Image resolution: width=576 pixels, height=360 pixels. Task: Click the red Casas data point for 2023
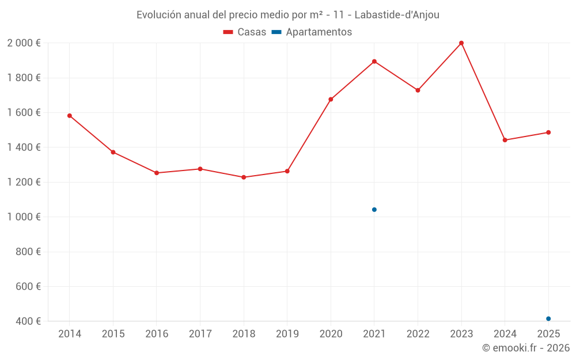[x=461, y=43]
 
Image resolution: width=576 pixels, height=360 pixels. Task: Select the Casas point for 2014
[x=70, y=116]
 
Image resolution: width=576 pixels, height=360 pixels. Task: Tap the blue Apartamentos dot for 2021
[x=374, y=210]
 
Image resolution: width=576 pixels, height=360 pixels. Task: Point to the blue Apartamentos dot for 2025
[x=548, y=319]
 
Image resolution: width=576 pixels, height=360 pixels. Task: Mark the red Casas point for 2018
[x=244, y=177]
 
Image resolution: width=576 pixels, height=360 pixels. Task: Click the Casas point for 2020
[x=331, y=100]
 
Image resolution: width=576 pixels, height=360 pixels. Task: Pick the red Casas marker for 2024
[x=505, y=140]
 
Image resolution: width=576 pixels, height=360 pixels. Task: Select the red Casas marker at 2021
[x=374, y=62]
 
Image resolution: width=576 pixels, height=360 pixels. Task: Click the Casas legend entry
[x=245, y=32]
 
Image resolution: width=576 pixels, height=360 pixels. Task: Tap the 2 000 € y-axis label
[x=24, y=43]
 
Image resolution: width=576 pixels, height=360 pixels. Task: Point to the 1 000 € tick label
[x=24, y=217]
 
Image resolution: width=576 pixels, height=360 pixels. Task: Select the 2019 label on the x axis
[x=287, y=334]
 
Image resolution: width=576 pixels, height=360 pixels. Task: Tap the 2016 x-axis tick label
[x=157, y=334]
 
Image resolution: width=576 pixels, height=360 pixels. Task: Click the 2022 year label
[x=418, y=334]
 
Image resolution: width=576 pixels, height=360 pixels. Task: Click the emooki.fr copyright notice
[x=525, y=348]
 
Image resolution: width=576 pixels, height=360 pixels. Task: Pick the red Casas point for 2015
[x=113, y=152]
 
